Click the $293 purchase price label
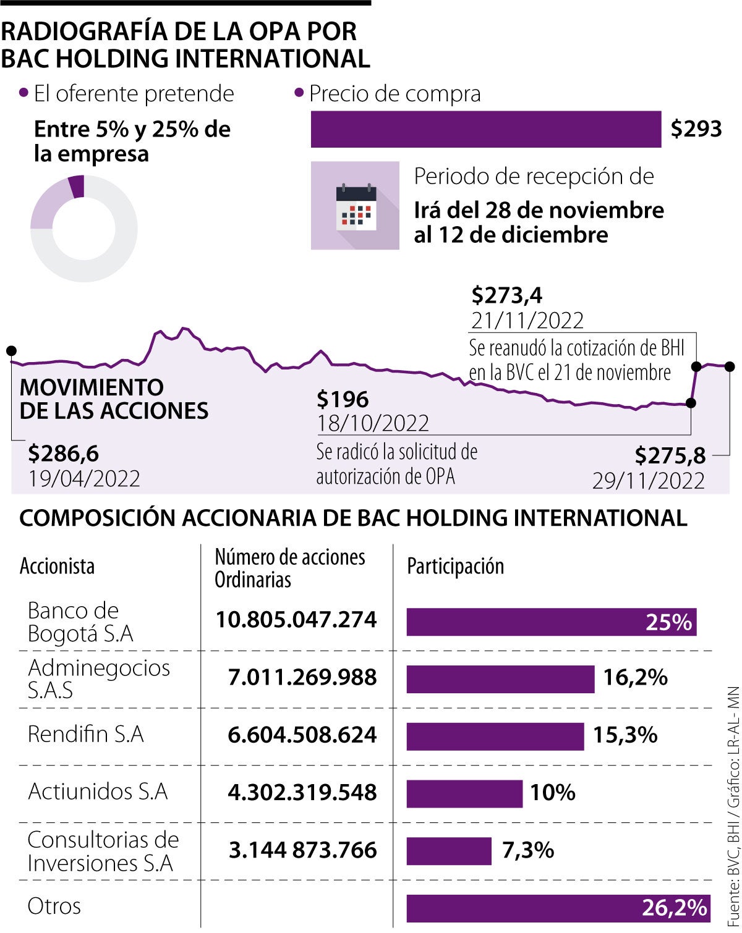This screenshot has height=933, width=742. point(696,129)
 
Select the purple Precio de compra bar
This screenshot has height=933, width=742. point(485,129)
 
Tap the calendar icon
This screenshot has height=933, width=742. point(356,206)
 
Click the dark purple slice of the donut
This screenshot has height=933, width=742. point(77,186)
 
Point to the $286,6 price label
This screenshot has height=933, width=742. point(63,454)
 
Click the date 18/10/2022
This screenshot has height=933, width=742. point(373,423)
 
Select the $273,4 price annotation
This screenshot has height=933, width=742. point(506,295)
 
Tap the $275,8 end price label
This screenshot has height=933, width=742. point(670,456)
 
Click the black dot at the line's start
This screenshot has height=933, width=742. point(11,351)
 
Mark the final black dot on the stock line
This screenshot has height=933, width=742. point(730,367)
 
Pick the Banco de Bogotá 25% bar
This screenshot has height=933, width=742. point(551,622)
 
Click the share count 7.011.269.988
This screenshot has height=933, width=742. point(302,677)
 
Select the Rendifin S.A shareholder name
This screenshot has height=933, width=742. point(86,734)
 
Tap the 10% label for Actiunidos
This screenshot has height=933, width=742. point(553,792)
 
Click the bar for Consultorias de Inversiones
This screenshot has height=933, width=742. point(448,851)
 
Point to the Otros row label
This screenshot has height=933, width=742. point(54,906)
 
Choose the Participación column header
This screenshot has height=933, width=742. point(455,567)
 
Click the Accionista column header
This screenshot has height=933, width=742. point(57,567)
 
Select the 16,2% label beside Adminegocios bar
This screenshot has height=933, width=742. point(635,678)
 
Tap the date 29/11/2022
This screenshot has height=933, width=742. point(649,481)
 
